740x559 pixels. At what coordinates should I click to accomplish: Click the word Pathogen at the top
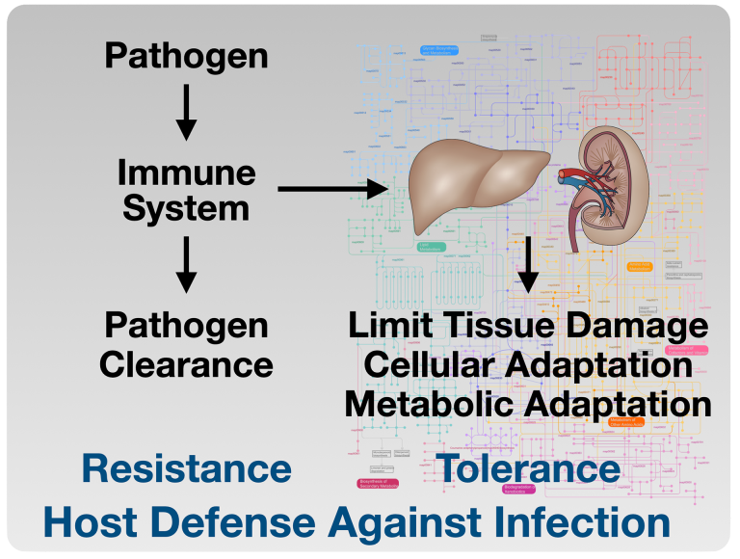click(x=186, y=56)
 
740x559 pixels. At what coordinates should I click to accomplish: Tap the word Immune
click(x=187, y=173)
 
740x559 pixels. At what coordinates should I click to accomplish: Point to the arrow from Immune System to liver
click(x=332, y=189)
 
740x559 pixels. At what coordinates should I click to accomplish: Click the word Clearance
click(x=187, y=364)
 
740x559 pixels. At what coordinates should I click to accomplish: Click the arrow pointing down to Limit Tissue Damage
click(x=527, y=262)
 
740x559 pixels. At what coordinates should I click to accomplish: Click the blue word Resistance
click(x=186, y=468)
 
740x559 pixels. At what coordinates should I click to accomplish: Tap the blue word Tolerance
click(x=529, y=468)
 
